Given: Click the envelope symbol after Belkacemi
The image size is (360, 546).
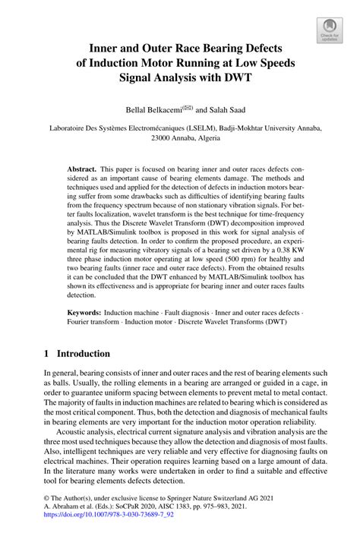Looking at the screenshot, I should click(x=176, y=108).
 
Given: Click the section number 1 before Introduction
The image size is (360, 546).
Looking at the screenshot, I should click(x=46, y=354).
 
